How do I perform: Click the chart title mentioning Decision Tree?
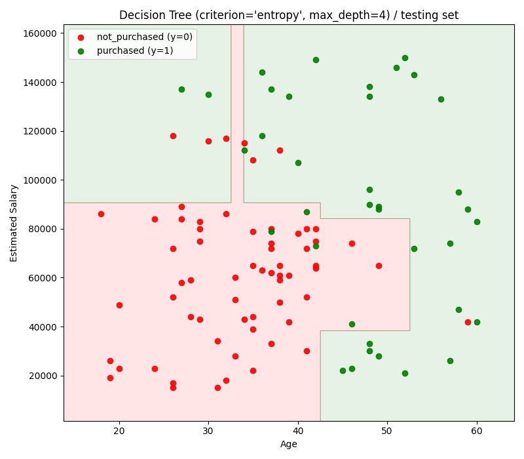coord(288,15)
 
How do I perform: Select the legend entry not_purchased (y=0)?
coord(144,37)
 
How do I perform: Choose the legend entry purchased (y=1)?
coord(135,50)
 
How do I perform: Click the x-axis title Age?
coord(288,444)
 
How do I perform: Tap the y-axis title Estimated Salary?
coord(14,223)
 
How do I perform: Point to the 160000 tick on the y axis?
coord(37,33)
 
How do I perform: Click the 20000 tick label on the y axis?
coord(40,376)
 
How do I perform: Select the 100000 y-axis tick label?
coord(37,180)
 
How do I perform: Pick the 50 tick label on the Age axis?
coord(387,431)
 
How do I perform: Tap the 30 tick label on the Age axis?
coord(208,431)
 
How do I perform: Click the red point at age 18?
coord(101,214)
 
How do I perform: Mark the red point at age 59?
coord(468,322)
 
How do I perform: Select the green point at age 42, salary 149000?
coord(316,60)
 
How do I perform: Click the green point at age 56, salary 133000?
coord(441,99)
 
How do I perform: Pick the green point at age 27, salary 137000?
coord(181,89)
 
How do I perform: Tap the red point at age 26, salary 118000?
coord(173,136)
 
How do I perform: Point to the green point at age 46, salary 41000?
coord(352,324)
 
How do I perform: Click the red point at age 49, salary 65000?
coord(379,266)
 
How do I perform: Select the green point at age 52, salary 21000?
coord(405,373)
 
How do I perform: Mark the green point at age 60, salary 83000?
coord(477,222)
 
